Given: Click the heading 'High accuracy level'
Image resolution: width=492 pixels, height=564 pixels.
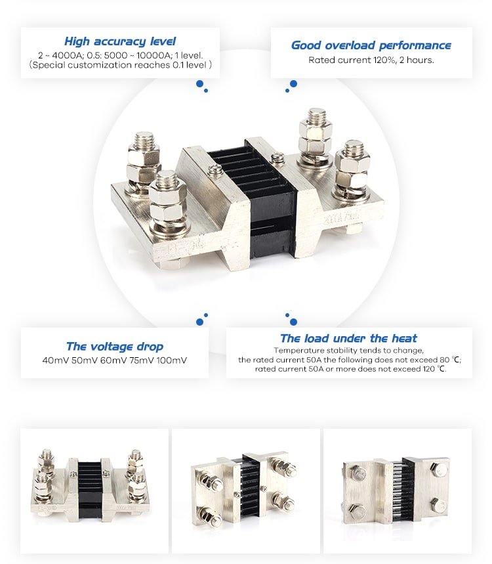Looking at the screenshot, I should [120, 41].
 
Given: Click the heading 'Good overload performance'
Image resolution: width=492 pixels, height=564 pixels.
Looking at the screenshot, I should [371, 45].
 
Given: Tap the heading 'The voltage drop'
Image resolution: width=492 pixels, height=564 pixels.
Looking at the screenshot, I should [115, 347].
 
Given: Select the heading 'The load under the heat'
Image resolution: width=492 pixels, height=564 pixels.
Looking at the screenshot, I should [348, 339].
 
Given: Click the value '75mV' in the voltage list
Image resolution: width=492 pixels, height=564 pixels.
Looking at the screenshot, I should [141, 360].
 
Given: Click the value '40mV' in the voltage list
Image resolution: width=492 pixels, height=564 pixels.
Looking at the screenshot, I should [56, 360].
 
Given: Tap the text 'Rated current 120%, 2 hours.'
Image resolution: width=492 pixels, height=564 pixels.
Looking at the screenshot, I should [371, 60].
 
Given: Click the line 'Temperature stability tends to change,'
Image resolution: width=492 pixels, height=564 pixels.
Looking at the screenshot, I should [348, 351].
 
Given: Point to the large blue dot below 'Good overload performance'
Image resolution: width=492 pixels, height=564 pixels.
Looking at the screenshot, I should [293, 83].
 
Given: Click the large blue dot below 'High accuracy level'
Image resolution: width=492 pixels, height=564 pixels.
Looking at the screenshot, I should [199, 83].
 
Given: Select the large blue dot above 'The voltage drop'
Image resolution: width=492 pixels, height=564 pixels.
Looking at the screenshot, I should [199, 322].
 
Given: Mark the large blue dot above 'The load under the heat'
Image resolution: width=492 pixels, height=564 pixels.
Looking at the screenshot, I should [293, 322].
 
